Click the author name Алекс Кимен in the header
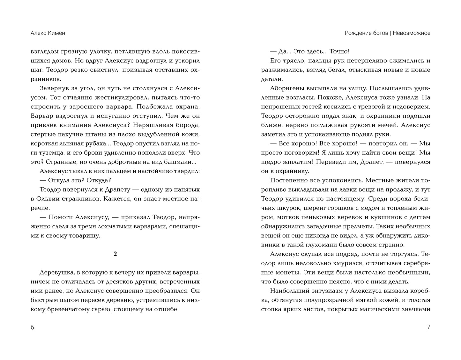48,33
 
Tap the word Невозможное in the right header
411,33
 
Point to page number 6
32,327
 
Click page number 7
428,327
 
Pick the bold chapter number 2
115,254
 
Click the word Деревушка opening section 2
56,273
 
